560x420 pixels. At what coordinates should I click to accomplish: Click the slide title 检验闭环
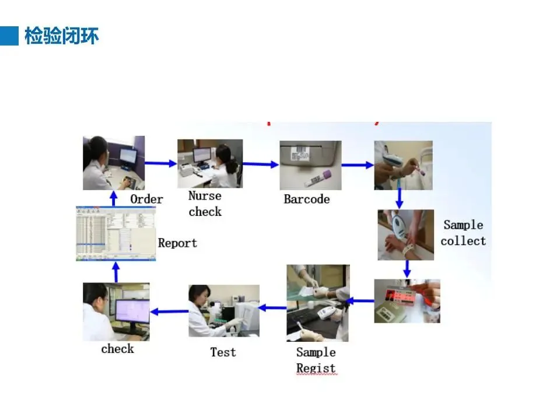(61, 36)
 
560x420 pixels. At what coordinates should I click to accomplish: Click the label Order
(146, 199)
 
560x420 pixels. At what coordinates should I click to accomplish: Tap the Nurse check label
(205, 204)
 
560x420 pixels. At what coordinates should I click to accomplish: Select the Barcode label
(306, 199)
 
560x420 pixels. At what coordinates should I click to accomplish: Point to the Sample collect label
(463, 233)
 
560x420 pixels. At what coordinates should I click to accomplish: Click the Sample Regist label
(316, 360)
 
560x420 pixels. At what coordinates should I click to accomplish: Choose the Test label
(223, 352)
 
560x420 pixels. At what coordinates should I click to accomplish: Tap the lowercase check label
(117, 349)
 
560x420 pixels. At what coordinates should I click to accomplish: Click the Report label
(177, 243)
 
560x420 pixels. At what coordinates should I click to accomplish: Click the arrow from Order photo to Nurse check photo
(160, 164)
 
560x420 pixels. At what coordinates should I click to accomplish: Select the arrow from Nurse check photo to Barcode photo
(261, 164)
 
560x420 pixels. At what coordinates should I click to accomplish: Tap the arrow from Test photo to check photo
(169, 311)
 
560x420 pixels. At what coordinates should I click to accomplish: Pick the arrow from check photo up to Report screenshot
(116, 272)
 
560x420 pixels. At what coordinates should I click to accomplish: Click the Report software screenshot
(116, 233)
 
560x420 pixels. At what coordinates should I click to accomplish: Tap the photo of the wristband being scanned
(406, 235)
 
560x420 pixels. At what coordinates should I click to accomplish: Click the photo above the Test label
(223, 311)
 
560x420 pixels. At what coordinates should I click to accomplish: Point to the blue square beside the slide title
(9, 36)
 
